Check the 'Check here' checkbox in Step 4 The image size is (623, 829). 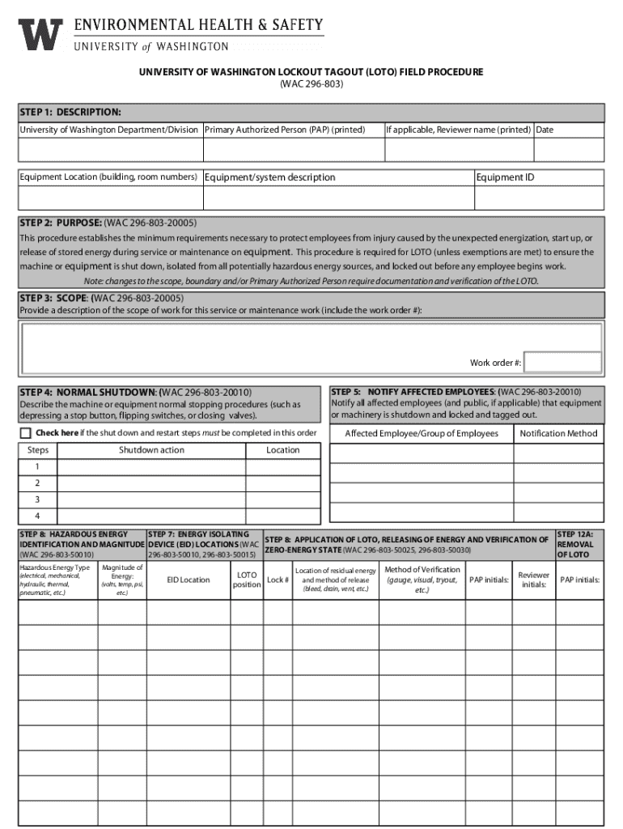point(26,432)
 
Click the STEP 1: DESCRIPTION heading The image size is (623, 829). point(71,111)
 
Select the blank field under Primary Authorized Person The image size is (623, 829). point(292,150)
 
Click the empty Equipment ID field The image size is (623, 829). point(538,198)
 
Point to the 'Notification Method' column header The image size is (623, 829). point(558,434)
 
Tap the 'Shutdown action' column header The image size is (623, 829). point(151,450)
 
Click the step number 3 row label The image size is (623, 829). point(36,500)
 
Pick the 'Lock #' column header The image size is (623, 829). point(278,580)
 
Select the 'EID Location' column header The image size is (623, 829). point(189,580)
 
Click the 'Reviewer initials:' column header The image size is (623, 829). point(533,580)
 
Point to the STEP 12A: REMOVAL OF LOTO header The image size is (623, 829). point(575,544)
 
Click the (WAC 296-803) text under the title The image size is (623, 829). point(311,84)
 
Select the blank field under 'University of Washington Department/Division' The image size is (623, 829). point(110,150)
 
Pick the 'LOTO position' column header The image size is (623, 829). point(247,580)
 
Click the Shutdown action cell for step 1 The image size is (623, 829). point(151,467)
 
